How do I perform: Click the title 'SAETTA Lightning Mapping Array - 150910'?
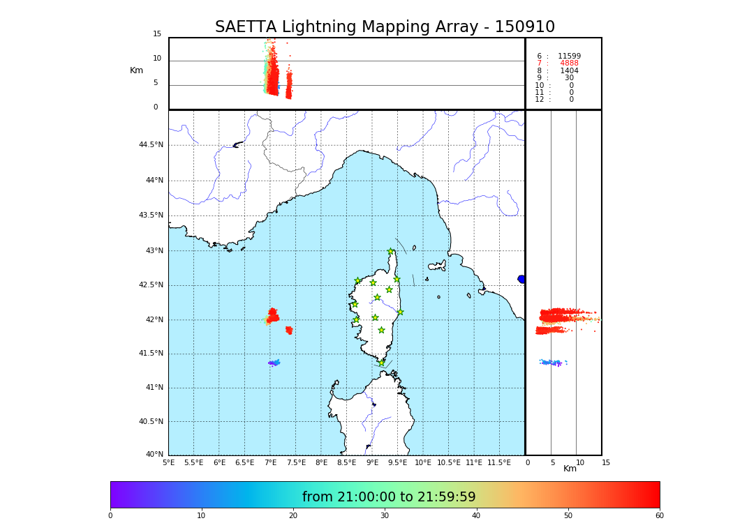(x=385, y=27)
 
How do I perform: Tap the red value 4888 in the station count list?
(x=569, y=63)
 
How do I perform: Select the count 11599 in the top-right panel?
(x=569, y=56)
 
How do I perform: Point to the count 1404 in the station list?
(x=569, y=71)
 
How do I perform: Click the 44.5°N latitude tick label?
(x=151, y=145)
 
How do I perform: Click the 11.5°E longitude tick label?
(x=498, y=462)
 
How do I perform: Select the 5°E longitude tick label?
(x=169, y=462)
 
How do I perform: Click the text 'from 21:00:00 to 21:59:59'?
(x=389, y=497)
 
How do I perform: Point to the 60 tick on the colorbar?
(x=659, y=516)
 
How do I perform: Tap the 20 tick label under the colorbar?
(x=293, y=516)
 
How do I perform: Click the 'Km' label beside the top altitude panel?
(x=136, y=70)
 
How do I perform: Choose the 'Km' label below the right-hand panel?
(x=570, y=469)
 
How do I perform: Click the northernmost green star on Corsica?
(x=391, y=252)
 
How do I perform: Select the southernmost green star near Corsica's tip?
(x=381, y=363)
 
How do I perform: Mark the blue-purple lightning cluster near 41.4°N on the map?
(x=274, y=363)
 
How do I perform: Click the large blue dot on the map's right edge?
(x=521, y=279)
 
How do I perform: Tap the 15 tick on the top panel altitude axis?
(x=157, y=34)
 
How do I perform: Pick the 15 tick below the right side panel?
(x=606, y=462)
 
